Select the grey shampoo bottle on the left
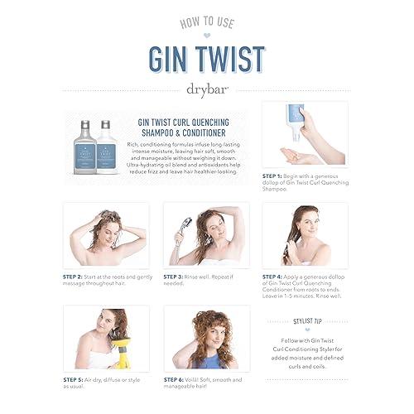point(86,138)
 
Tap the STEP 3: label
point(176,276)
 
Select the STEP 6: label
point(176,378)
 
